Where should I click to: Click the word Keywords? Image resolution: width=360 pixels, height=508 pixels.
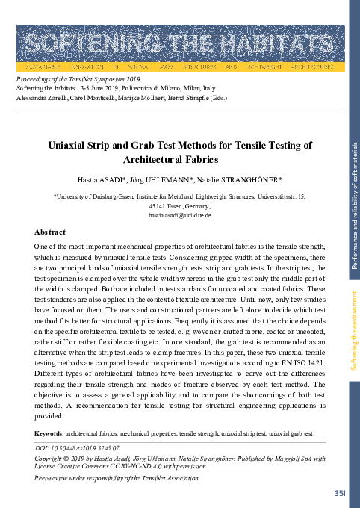point(49,433)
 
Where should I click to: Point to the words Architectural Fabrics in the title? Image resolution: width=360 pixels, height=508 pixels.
point(179,159)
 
